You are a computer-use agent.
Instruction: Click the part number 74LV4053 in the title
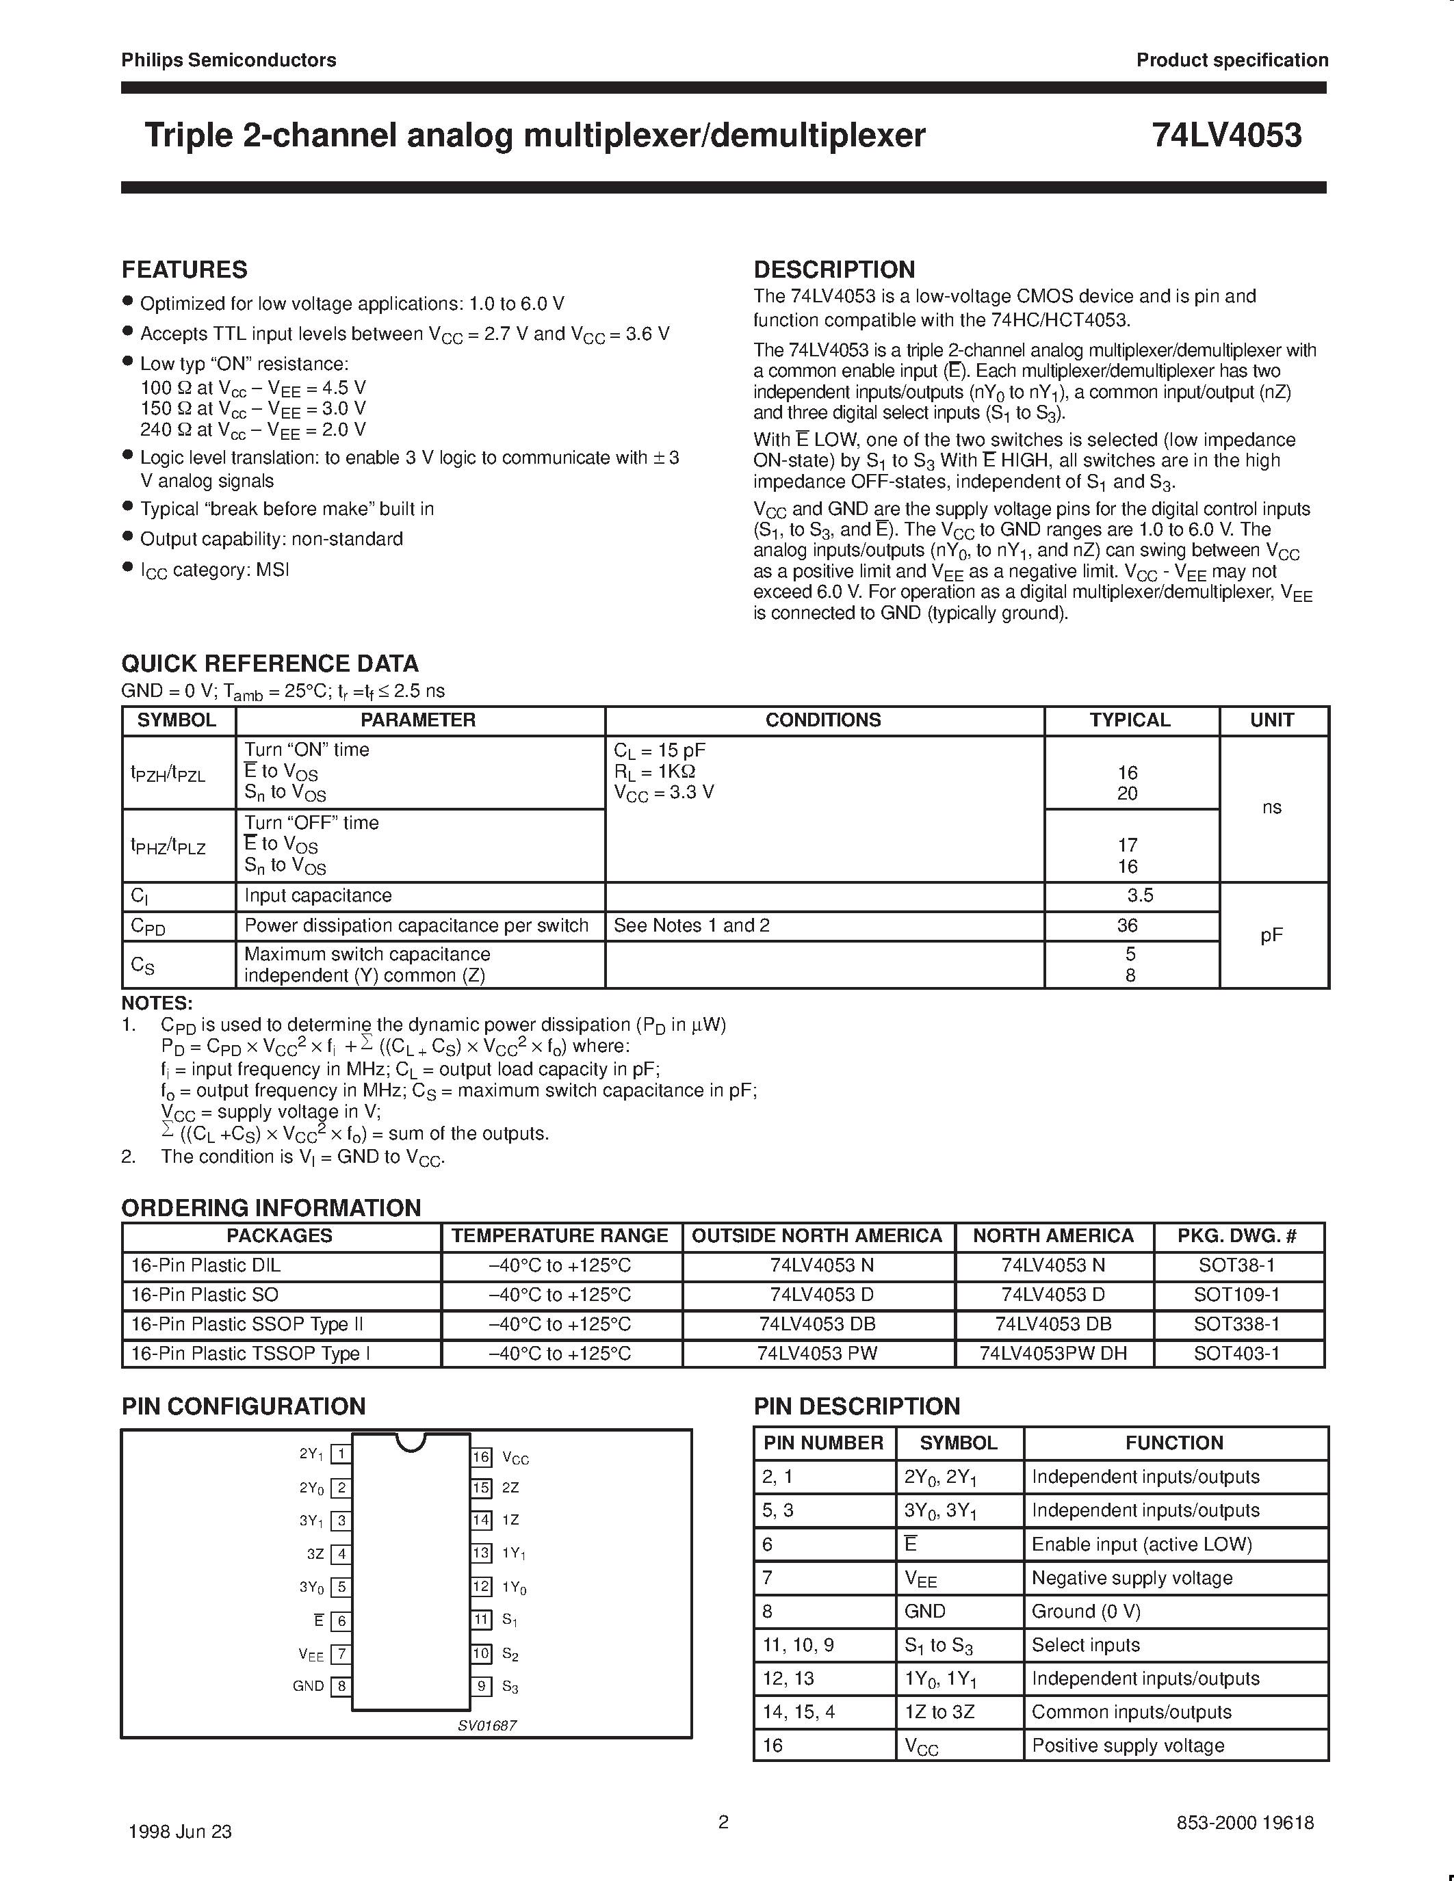tap(1227, 136)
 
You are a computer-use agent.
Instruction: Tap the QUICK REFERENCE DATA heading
tap(270, 663)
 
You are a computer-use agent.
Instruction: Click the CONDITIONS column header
tap(823, 720)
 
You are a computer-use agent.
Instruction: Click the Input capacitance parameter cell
tap(318, 896)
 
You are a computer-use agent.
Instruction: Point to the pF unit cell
tap(1271, 935)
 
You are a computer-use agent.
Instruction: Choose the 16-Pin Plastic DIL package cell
tap(206, 1265)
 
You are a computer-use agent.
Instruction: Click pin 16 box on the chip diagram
tap(480, 1457)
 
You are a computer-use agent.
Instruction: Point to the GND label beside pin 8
tap(309, 1685)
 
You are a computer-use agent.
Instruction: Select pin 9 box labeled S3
tap(480, 1686)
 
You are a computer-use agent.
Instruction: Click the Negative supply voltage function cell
tap(1132, 1578)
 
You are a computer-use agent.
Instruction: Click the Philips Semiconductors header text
tap(229, 60)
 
